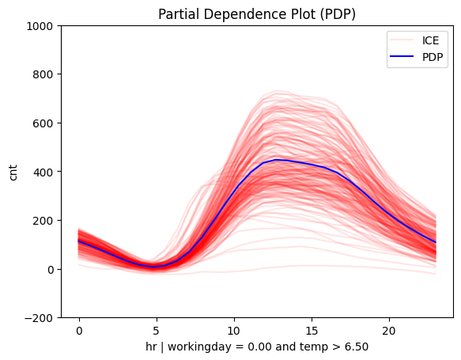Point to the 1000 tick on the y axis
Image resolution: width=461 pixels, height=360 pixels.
[x=38, y=26]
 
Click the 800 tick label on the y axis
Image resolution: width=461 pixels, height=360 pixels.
[x=41, y=74]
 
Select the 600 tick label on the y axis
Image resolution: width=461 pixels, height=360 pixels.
[x=41, y=123]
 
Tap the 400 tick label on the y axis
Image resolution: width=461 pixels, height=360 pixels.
[x=41, y=172]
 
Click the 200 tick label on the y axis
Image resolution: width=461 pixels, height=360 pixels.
[x=41, y=221]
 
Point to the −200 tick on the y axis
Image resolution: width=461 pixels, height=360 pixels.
[x=38, y=318]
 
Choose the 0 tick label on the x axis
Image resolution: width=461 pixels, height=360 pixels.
[x=79, y=330]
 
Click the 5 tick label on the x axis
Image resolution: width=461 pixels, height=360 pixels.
[x=157, y=330]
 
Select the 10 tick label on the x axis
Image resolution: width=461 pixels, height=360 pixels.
[x=234, y=330]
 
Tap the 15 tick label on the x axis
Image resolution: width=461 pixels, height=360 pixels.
[x=312, y=330]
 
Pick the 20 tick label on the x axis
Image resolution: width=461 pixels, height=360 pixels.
[x=389, y=330]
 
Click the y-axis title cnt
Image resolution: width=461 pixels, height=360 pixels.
[x=14, y=172]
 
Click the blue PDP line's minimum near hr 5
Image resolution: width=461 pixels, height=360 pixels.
[x=157, y=267]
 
